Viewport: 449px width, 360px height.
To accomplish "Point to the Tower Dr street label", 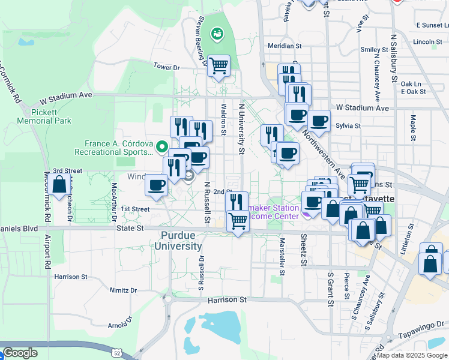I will tap(166, 67).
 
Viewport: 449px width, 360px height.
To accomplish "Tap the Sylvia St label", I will tap(348, 126).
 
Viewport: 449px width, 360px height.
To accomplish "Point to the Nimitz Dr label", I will tap(123, 290).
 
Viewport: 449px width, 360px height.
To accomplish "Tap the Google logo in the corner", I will tap(20, 353).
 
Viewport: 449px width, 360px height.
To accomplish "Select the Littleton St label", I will tap(411, 241).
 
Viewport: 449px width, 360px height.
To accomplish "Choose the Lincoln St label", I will tap(427, 42).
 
